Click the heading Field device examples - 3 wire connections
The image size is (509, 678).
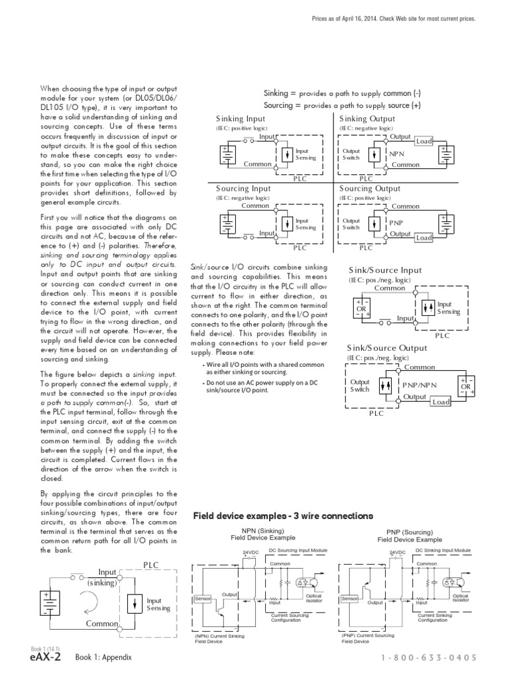282,516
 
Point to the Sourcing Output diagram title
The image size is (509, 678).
370,189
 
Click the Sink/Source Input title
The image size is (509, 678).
385,270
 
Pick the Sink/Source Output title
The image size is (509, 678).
387,348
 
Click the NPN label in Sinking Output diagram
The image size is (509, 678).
396,154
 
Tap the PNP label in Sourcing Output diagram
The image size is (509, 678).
396,223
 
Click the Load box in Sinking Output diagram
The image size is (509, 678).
424,141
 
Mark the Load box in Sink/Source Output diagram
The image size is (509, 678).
440,401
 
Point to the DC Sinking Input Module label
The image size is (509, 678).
443,550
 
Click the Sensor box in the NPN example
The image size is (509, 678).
202,599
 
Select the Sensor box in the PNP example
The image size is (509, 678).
349,599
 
